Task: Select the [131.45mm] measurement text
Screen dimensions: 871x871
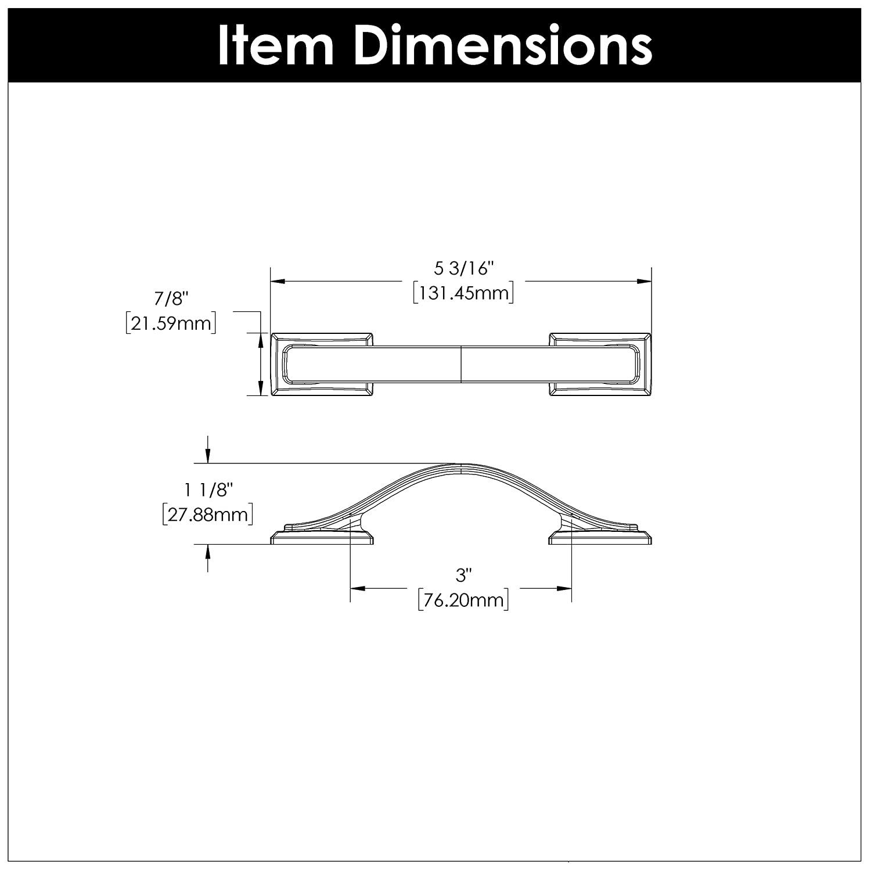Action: pyautogui.click(x=463, y=293)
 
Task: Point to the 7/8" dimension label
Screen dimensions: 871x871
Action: pyautogui.click(x=171, y=299)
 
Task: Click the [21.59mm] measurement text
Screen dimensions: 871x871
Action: pyautogui.click(x=171, y=323)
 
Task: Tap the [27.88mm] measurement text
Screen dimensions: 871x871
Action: pyautogui.click(x=208, y=514)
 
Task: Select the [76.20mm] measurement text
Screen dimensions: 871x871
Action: pyautogui.click(x=463, y=599)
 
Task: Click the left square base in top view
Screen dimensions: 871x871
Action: pyautogui.click(x=322, y=365)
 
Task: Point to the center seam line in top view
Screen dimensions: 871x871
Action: pyautogui.click(x=461, y=365)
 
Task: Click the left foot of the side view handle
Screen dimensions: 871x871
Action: pyautogui.click(x=322, y=538)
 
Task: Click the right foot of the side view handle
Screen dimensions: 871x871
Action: pyautogui.click(x=600, y=538)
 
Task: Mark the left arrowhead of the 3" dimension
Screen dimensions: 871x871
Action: pyautogui.click(x=358, y=588)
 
